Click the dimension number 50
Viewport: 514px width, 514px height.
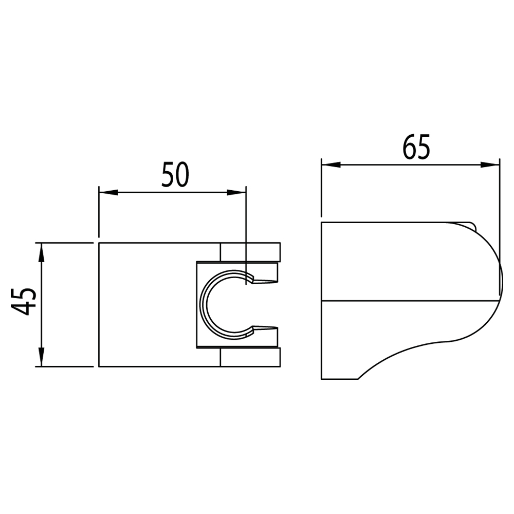click(175, 174)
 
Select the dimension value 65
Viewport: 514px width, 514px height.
click(416, 148)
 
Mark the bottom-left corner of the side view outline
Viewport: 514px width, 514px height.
click(322, 379)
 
